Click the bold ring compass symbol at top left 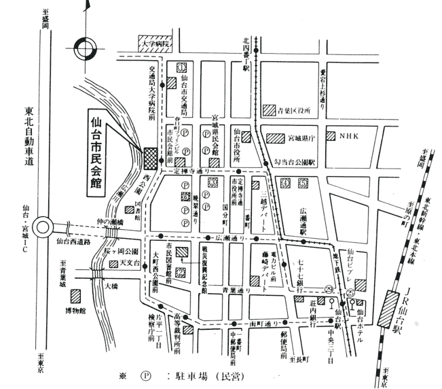(86, 48)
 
